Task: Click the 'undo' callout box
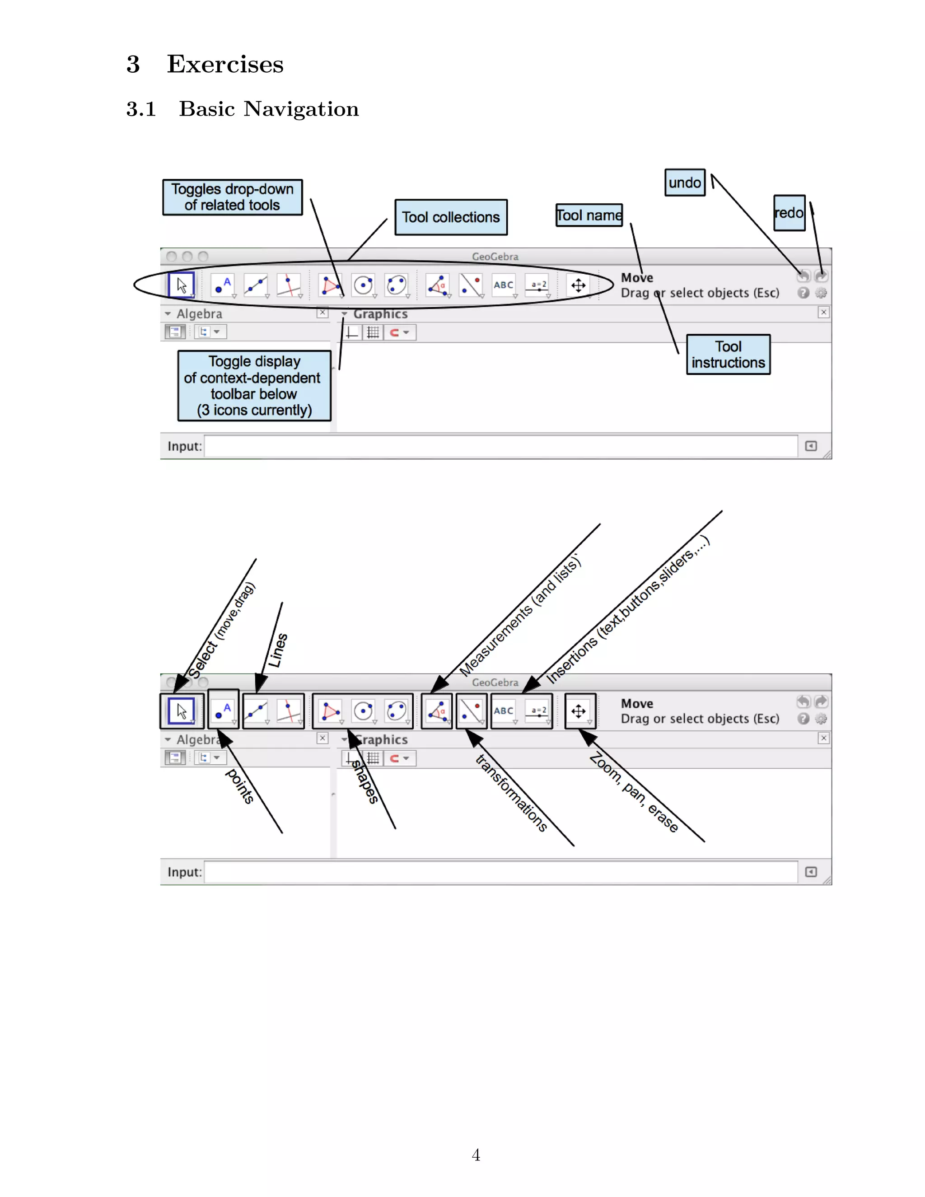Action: click(x=684, y=182)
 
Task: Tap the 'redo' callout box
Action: click(x=789, y=213)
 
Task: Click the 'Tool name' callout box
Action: click(x=589, y=215)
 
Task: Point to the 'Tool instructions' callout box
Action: click(x=728, y=355)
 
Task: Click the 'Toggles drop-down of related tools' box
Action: click(x=232, y=197)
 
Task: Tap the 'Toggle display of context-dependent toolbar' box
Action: click(x=254, y=386)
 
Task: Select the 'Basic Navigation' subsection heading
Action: click(x=269, y=108)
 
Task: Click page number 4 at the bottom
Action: click(x=476, y=1155)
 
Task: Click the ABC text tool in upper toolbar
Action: click(x=504, y=285)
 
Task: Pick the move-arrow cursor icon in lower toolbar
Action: click(x=182, y=711)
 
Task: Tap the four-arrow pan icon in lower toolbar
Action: click(x=579, y=711)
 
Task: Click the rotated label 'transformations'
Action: click(x=511, y=793)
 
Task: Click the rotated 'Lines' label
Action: click(x=278, y=650)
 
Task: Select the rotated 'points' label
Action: click(x=240, y=786)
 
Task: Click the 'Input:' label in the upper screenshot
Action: click(x=184, y=446)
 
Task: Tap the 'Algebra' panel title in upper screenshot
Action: click(x=199, y=314)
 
